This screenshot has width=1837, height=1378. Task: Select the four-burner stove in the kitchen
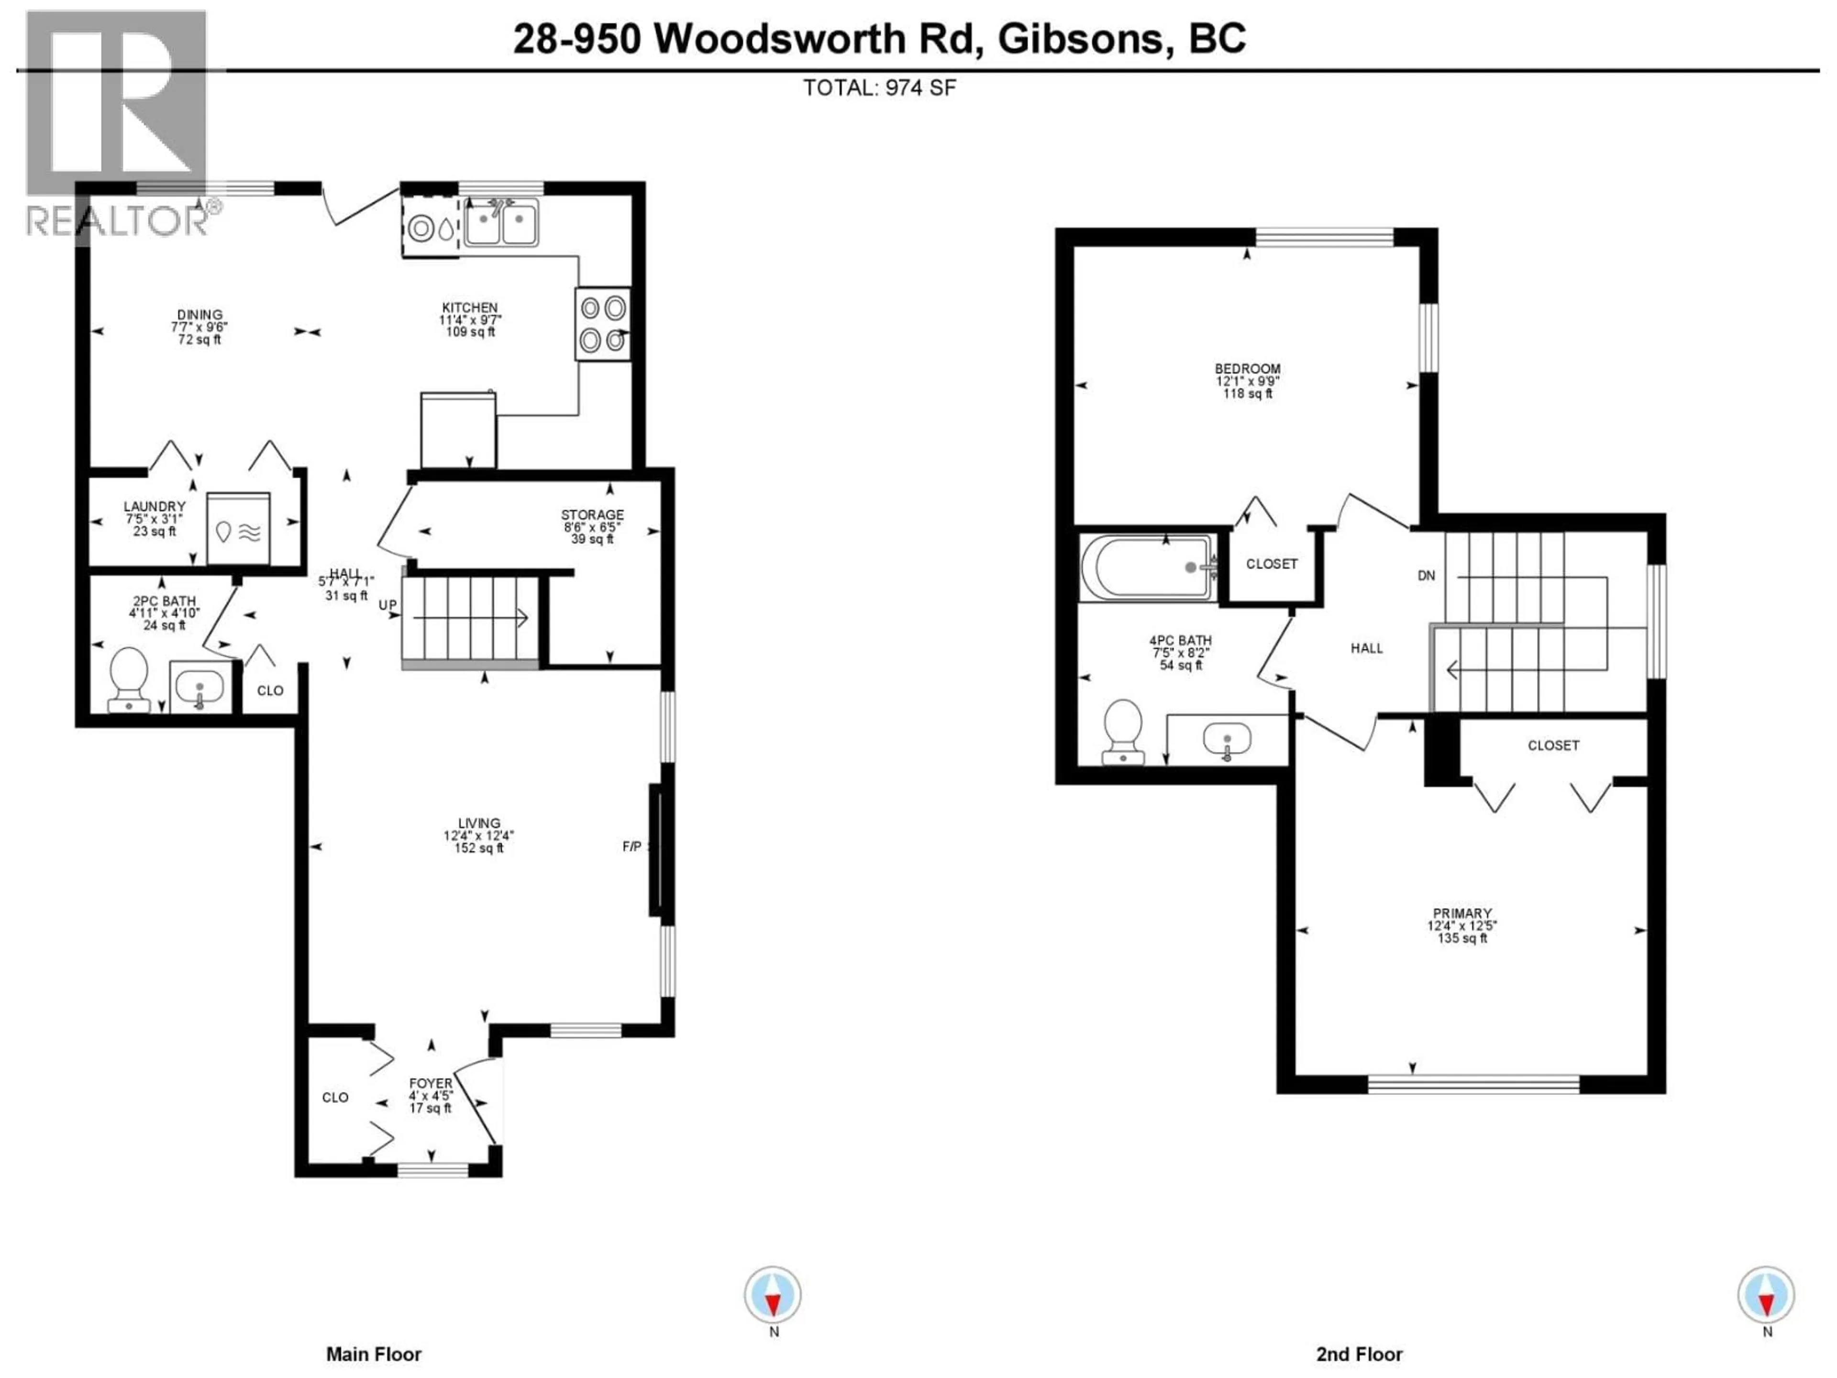click(602, 324)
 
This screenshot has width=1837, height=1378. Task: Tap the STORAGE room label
click(592, 515)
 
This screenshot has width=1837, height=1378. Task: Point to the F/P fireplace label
click(632, 846)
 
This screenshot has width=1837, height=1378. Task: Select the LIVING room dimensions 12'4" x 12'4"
click(479, 835)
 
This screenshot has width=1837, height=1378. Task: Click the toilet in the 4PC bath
click(1123, 731)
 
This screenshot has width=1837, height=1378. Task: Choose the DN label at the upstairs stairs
click(1426, 576)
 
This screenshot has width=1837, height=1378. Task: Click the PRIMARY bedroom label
click(1461, 913)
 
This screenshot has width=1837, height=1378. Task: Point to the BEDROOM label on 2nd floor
click(1247, 369)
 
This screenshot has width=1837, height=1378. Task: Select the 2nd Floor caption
click(1359, 1355)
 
